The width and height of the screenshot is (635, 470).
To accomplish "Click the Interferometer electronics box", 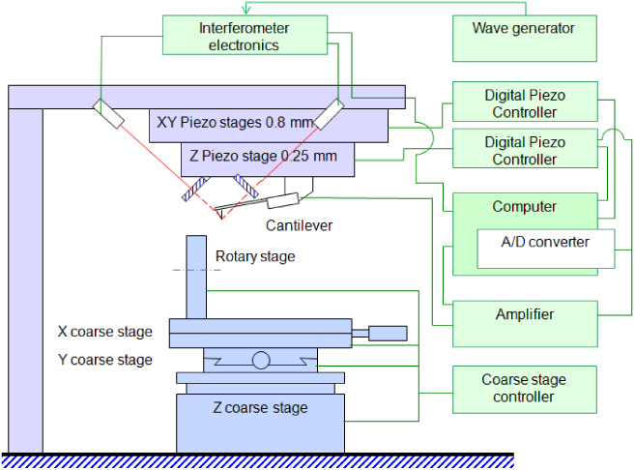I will [245, 36].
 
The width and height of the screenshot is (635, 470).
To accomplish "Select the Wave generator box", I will [523, 36].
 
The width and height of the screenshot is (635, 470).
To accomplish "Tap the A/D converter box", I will [546, 249].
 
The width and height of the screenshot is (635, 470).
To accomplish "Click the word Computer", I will [524, 206].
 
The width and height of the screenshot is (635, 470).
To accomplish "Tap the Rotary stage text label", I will [255, 256].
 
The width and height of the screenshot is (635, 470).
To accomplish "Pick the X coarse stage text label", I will [105, 332].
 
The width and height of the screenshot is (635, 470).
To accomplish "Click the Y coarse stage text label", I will [105, 360].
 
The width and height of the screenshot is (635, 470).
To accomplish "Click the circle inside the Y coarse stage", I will [261, 361].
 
